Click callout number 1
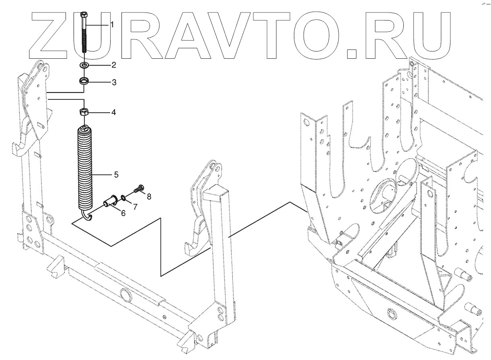112,25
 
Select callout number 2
114,65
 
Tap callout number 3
114,83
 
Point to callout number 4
114,113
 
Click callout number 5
116,175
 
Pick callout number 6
123,213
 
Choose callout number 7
135,207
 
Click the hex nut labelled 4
84,112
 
